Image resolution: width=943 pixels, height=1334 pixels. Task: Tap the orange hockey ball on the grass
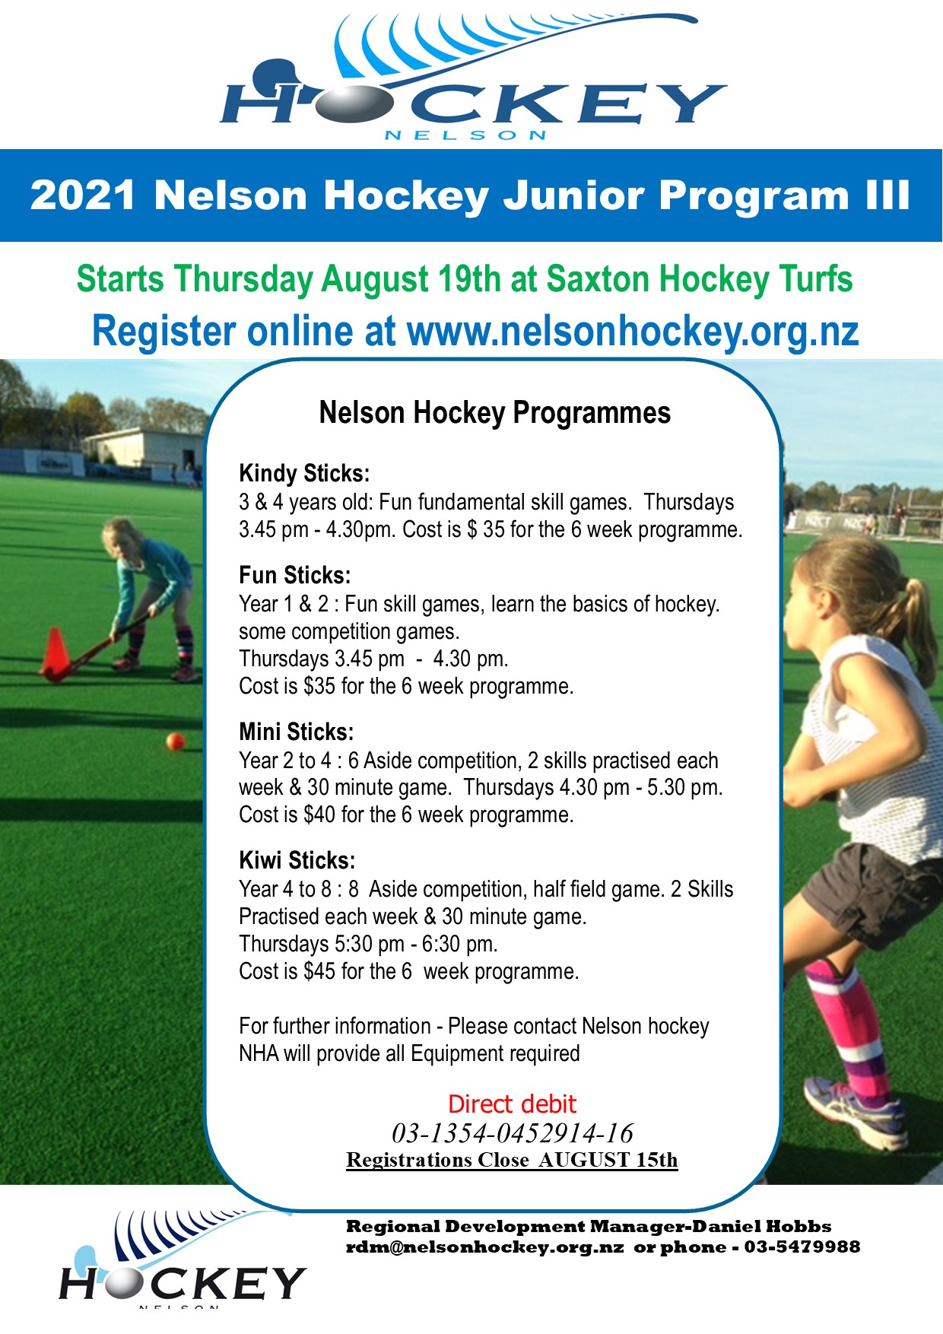[x=176, y=741]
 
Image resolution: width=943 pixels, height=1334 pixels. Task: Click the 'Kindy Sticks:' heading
[x=304, y=474]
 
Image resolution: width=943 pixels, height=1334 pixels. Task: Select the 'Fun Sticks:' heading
[x=295, y=575]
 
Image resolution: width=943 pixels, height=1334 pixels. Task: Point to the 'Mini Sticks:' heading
[x=297, y=732]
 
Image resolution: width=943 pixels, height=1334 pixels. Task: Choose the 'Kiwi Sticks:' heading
[x=297, y=860]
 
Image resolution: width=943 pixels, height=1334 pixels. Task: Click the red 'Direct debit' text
[x=512, y=1104]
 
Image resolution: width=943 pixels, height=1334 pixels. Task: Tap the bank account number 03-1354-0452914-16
[x=512, y=1133]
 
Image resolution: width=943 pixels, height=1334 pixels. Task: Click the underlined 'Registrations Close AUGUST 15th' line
[x=512, y=1160]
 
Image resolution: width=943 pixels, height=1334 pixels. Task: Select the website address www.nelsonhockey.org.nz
[x=633, y=332]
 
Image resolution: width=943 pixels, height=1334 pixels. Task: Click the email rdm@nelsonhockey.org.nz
[x=485, y=1247]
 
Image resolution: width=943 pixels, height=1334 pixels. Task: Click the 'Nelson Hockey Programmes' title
[x=495, y=413]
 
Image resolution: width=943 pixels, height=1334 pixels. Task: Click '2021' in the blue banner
[x=83, y=195]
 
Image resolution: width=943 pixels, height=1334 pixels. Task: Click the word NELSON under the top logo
[x=465, y=135]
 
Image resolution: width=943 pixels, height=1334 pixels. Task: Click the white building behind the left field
[x=144, y=449]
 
